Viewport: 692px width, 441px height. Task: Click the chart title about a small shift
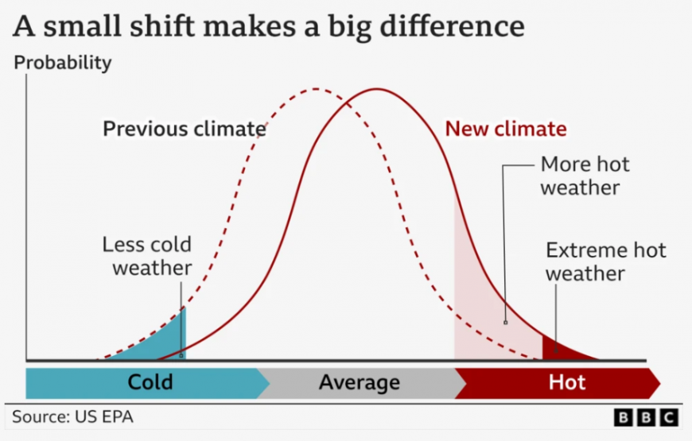pos(269,26)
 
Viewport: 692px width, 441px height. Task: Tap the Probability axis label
pos(63,63)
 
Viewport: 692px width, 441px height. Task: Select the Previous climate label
pos(185,130)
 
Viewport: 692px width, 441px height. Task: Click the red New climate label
pos(506,130)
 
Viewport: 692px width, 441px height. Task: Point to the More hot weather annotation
pos(585,176)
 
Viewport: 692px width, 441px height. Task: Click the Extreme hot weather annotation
pos(605,262)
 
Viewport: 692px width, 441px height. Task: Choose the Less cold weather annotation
pos(147,256)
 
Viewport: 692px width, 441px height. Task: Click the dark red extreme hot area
pos(558,350)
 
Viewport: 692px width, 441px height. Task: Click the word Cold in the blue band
pos(150,382)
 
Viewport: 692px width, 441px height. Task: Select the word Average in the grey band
pos(360,382)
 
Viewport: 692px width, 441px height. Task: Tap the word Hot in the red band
pos(567,382)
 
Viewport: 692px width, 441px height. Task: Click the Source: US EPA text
pos(73,417)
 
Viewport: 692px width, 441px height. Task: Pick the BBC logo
pos(646,418)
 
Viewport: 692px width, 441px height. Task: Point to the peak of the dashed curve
pos(316,89)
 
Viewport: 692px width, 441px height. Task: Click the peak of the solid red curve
pos(377,89)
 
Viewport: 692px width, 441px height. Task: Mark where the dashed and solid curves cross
pos(347,103)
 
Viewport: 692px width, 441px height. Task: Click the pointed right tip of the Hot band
pos(660,384)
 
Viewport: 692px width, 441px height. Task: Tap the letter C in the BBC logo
pos(669,418)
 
